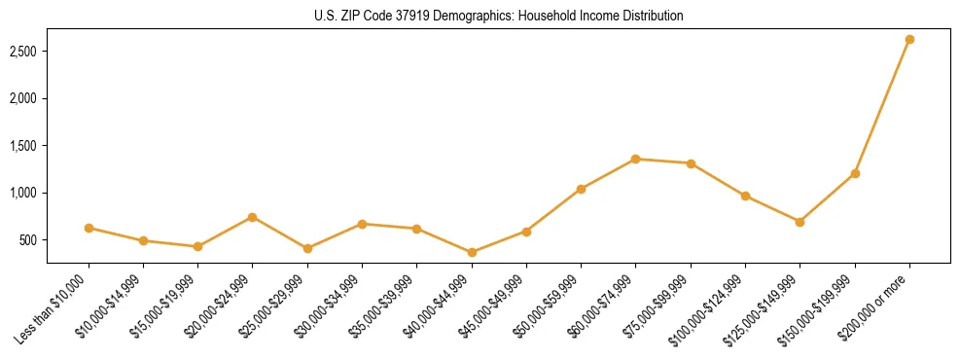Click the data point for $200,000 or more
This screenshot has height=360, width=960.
point(909,39)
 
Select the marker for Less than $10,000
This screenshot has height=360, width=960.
point(89,228)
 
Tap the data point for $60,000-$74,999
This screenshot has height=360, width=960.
point(635,159)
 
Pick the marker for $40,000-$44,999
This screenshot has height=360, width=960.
point(472,252)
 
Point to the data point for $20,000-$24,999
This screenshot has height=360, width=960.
point(253,217)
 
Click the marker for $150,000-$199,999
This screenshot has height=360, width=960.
point(855,173)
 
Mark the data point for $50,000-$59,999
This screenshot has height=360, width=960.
point(581,189)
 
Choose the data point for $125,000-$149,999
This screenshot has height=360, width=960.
point(800,222)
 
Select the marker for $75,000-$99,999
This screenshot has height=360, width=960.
point(691,163)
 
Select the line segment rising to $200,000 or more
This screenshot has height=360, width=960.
point(882,106)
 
